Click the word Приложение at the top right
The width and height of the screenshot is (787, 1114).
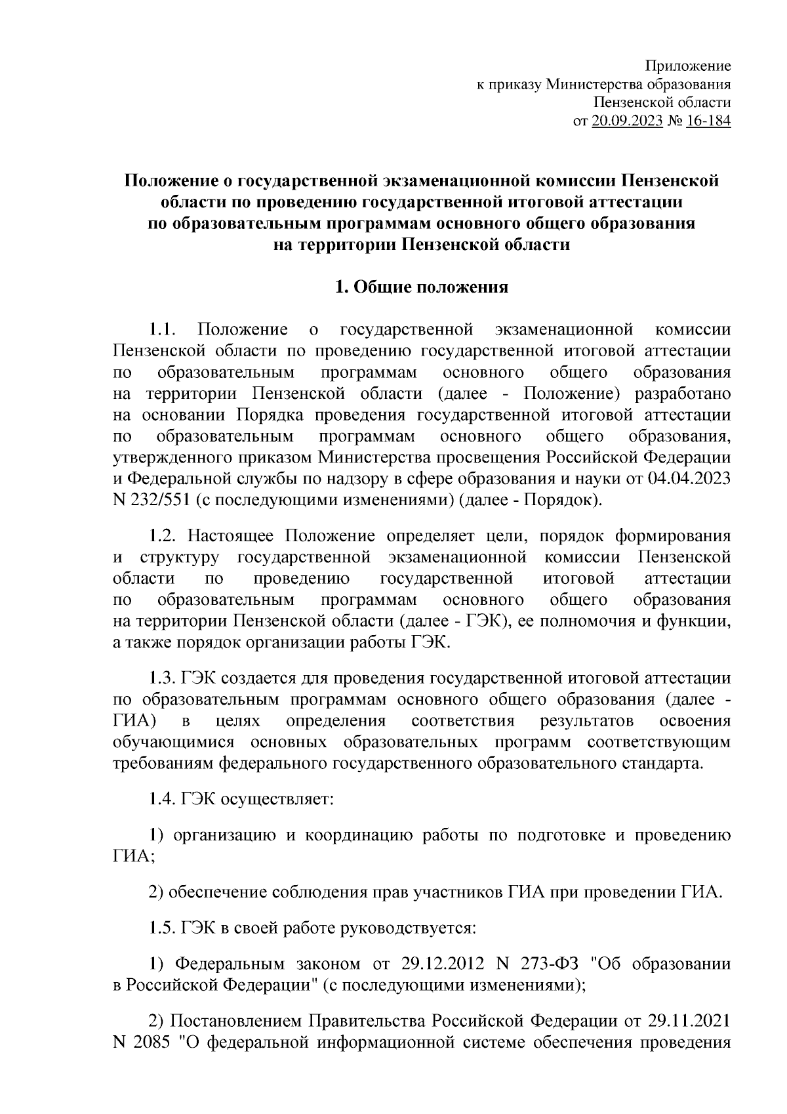[x=689, y=66]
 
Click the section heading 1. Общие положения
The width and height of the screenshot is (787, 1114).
[x=422, y=287]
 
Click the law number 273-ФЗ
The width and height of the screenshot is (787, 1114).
[x=550, y=964]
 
